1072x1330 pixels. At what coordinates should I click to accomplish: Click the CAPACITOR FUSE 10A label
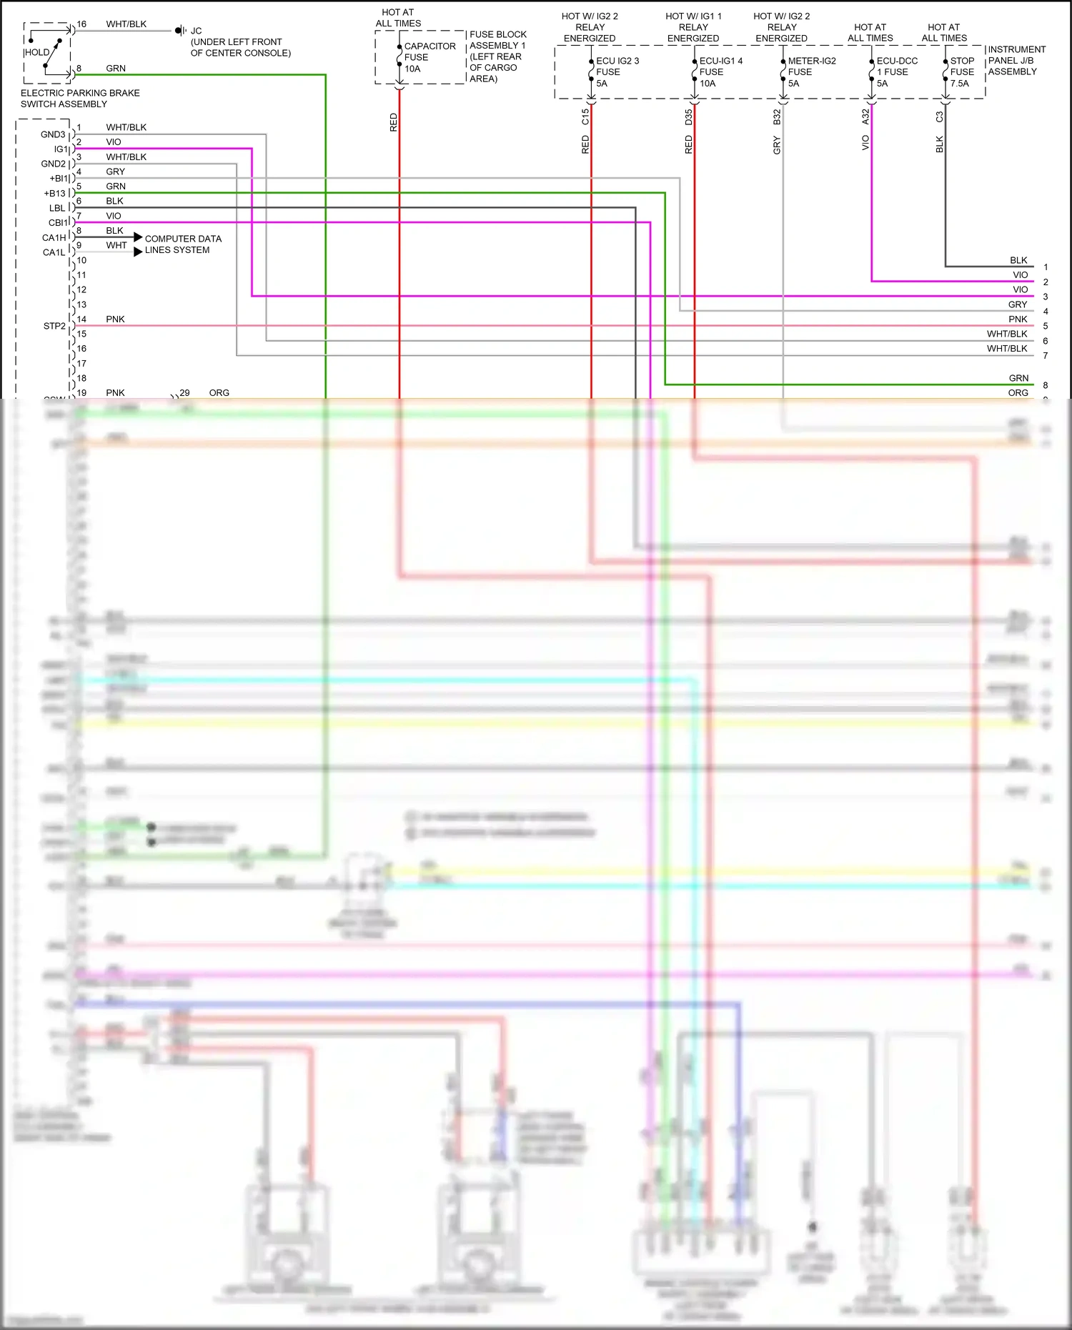click(429, 57)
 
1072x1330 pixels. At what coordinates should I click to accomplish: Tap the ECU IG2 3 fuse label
click(617, 72)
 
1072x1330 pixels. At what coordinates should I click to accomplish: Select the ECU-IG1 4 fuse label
click(720, 72)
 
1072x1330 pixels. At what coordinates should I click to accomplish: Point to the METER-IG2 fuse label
click(810, 72)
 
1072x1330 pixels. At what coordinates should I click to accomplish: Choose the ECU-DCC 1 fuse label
click(896, 72)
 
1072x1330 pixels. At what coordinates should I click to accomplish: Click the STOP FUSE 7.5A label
click(961, 72)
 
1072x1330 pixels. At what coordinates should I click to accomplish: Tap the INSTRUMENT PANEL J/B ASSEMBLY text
click(1016, 61)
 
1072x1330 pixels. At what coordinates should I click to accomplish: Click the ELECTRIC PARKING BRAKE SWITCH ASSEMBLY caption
click(80, 99)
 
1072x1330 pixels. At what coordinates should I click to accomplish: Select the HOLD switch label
click(37, 52)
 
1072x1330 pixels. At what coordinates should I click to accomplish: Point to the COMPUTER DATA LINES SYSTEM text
click(182, 244)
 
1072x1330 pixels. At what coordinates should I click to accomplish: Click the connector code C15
click(585, 116)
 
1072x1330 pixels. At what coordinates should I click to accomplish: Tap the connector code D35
click(688, 116)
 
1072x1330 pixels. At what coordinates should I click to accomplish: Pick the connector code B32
click(777, 116)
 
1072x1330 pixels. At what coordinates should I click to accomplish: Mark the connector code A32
click(865, 116)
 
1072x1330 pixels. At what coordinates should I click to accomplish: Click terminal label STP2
click(54, 326)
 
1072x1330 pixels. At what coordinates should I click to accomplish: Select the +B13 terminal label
click(55, 194)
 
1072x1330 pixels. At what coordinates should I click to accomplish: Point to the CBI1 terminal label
click(57, 223)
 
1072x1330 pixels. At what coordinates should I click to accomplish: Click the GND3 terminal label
click(53, 134)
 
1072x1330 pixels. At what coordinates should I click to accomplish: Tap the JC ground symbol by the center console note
click(181, 31)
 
